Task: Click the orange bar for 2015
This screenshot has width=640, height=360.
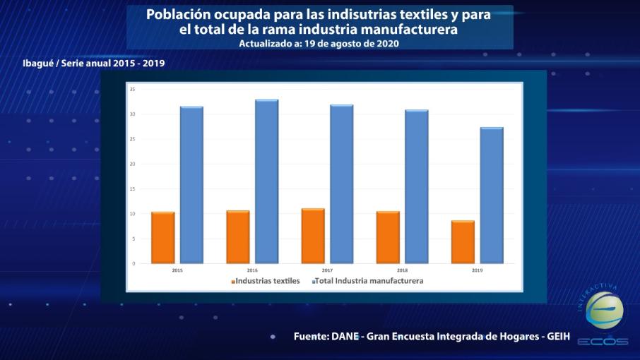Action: pyautogui.click(x=162, y=237)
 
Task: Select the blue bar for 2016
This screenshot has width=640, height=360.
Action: pyautogui.click(x=266, y=181)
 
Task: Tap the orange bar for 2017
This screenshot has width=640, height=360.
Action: pyautogui.click(x=313, y=236)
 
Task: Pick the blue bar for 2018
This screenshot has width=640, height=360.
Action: pyautogui.click(x=416, y=186)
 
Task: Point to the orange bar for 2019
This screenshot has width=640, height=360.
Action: pyautogui.click(x=463, y=241)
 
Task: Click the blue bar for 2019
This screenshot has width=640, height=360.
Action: pyautogui.click(x=491, y=195)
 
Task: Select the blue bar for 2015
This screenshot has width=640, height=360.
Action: pyautogui.click(x=191, y=185)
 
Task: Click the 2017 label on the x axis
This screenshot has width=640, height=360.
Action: pyautogui.click(x=327, y=270)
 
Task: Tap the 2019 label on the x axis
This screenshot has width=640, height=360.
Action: pyautogui.click(x=477, y=270)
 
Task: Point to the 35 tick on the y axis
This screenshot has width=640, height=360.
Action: pyautogui.click(x=132, y=89)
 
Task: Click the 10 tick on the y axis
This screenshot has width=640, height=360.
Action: pyautogui.click(x=132, y=214)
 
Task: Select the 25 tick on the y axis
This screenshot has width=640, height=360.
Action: pyautogui.click(x=132, y=139)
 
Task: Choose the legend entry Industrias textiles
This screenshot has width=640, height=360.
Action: pyautogui.click(x=266, y=281)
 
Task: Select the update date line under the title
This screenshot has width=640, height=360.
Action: pyautogui.click(x=319, y=43)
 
